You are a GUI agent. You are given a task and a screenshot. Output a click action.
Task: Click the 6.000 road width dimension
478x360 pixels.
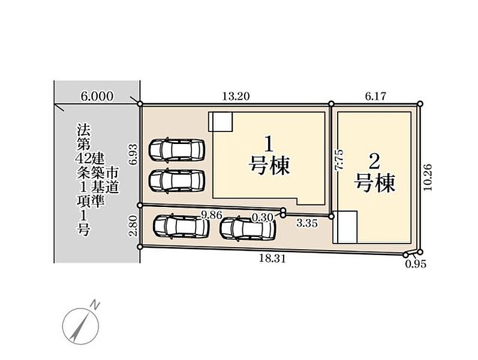(x=97, y=96)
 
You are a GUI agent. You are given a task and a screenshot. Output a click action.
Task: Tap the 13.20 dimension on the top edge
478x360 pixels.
(x=236, y=96)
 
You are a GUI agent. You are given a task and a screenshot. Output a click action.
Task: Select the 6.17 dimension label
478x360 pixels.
(x=375, y=96)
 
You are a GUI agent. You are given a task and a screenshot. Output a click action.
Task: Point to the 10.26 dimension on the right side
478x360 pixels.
(x=428, y=177)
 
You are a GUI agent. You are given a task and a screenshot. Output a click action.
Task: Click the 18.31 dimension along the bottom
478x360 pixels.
(x=272, y=259)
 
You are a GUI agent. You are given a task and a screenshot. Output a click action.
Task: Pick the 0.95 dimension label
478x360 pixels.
(x=416, y=264)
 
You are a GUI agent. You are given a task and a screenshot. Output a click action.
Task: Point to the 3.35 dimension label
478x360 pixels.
(x=307, y=223)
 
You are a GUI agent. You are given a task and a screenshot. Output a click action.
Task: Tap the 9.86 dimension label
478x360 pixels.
(x=211, y=215)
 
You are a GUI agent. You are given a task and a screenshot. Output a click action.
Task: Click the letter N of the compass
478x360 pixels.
(x=96, y=304)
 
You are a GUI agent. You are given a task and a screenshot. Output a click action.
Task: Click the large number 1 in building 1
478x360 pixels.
(x=268, y=145)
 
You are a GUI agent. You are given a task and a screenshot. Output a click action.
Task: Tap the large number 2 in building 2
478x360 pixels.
(x=374, y=161)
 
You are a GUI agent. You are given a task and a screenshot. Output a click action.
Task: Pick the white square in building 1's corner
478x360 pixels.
(x=221, y=122)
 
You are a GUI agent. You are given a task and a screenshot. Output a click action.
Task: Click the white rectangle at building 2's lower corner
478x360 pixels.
(x=345, y=227)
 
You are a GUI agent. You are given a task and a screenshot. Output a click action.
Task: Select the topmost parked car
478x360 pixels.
(x=176, y=150)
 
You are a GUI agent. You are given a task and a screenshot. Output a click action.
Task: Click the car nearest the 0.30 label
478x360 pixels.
(x=248, y=228)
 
